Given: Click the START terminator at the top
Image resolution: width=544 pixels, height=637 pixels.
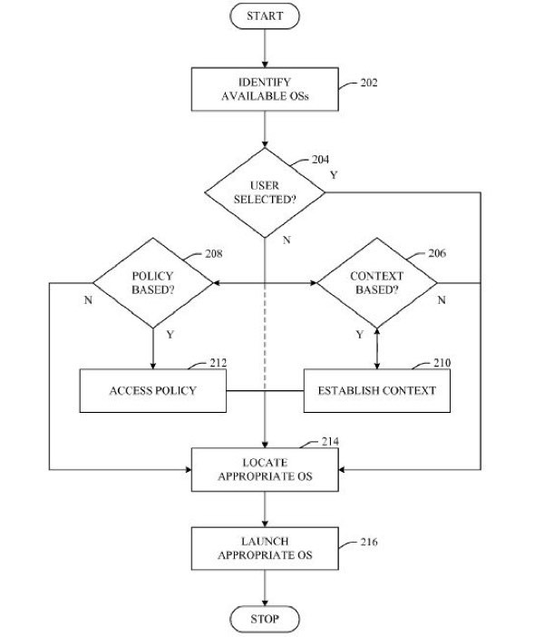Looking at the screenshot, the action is (x=265, y=16).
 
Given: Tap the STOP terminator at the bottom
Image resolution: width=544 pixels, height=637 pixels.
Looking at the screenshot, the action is (x=265, y=619).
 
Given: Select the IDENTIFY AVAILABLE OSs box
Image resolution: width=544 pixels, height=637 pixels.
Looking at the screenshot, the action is (x=265, y=89).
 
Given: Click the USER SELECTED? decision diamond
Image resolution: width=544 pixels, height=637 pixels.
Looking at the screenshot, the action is (x=265, y=192).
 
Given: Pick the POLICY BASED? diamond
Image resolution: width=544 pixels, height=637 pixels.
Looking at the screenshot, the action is (x=153, y=283).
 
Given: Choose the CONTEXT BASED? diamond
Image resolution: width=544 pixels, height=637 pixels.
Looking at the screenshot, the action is (x=377, y=283).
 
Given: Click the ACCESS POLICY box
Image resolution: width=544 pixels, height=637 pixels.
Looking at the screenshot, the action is (x=153, y=391).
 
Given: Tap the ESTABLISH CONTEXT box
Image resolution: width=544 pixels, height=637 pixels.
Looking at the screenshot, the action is (x=377, y=391).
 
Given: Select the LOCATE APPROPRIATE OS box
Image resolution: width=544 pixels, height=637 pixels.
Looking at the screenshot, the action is (x=265, y=470).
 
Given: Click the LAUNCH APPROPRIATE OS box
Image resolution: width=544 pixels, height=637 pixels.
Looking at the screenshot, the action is (x=265, y=548).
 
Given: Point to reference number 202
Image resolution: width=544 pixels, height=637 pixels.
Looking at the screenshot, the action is (x=369, y=83).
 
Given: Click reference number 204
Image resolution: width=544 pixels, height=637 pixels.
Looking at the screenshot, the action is (x=320, y=160).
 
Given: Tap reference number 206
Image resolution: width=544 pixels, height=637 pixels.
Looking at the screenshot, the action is (x=437, y=253).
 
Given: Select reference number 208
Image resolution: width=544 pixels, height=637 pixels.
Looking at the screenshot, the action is (x=214, y=253).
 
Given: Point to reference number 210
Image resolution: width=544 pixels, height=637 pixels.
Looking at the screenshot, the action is (x=442, y=362).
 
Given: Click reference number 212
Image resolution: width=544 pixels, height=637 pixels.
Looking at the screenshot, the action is (x=219, y=362).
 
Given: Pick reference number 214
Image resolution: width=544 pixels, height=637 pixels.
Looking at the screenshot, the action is (x=330, y=441).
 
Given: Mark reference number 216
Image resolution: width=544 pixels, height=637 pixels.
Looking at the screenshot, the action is (x=369, y=542).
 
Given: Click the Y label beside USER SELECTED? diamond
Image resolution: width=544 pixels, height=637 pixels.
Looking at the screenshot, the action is (x=334, y=175).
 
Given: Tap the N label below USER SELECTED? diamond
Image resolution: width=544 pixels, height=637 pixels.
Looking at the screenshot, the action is (x=287, y=240).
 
